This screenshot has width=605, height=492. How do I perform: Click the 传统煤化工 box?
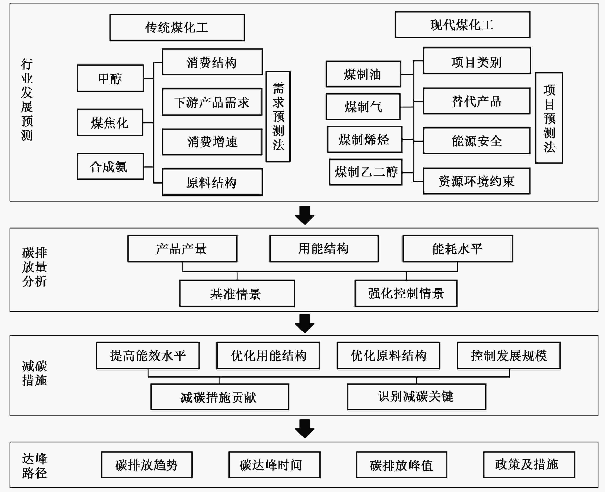[x=177, y=28]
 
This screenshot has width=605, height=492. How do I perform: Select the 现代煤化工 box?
[x=463, y=25]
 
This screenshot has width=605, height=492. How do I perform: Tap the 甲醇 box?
[x=110, y=78]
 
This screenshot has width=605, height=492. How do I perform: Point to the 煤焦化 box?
[x=110, y=122]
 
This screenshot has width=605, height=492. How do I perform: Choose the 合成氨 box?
[x=110, y=166]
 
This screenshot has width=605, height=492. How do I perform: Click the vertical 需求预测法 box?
[x=278, y=116]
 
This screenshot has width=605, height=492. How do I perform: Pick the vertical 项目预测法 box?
[x=549, y=118]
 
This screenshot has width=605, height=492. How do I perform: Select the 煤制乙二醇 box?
[x=366, y=172]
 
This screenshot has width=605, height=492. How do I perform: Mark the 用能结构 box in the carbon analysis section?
[x=324, y=248]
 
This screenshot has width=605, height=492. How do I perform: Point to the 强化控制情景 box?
[x=406, y=293]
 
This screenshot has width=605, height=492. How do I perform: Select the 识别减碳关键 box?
[x=416, y=397]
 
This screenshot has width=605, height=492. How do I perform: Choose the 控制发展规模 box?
[x=509, y=356]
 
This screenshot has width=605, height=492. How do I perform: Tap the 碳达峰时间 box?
[x=274, y=465]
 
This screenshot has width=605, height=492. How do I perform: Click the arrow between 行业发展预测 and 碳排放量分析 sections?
[x=305, y=215]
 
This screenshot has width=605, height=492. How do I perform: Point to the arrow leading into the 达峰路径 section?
[x=305, y=429]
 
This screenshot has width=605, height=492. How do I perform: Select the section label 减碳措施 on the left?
[x=35, y=373]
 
